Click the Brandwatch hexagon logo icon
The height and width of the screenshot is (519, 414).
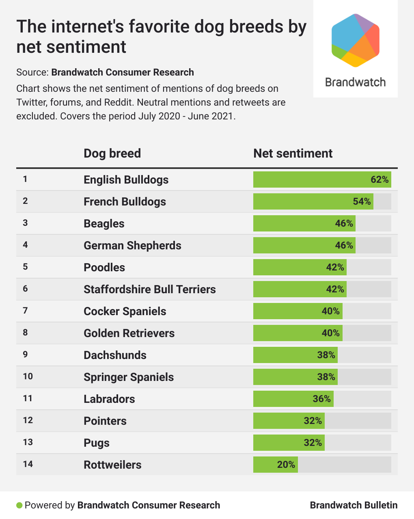pos(356,40)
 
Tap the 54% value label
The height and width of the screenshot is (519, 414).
pos(362,201)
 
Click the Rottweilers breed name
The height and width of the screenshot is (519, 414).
pos(112,465)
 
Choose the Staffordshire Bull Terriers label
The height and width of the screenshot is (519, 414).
pos(149,289)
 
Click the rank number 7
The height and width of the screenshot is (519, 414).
pos(25,311)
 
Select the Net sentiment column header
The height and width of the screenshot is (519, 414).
pos(293,153)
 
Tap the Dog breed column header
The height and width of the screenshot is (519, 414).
pos(112,153)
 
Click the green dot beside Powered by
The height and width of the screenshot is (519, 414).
pos(19,505)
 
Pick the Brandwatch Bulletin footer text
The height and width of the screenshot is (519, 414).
pos(354,505)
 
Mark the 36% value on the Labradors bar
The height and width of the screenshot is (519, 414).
pos(322,399)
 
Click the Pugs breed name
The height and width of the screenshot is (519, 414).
pos(97,443)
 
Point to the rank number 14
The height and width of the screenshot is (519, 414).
pos(28,464)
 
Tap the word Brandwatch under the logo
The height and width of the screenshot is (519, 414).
pos(355,82)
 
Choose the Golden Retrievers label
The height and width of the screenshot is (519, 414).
pos(129,333)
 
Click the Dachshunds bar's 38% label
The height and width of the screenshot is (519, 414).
pos(326,355)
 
